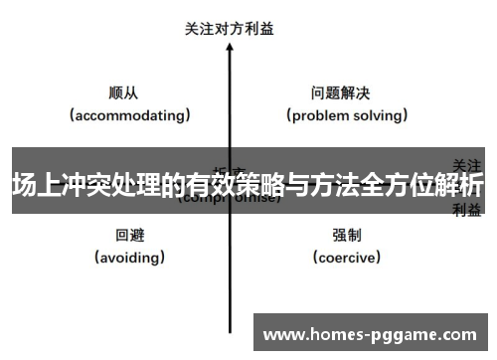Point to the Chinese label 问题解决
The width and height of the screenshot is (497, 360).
340,93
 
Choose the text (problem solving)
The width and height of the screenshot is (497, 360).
348,115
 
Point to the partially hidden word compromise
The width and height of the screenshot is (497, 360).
230,199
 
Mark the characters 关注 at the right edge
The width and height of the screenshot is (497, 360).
467,163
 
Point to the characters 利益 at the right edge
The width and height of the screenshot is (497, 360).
467,209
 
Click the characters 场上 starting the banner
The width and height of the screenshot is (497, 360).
33,185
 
